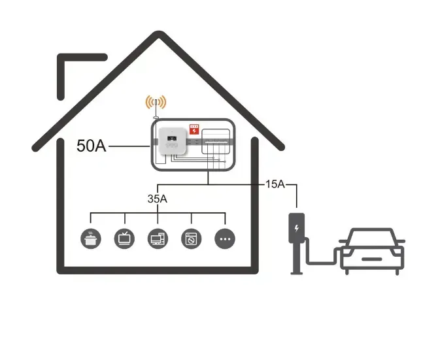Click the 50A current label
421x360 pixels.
click(91, 146)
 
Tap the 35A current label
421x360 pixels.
click(158, 198)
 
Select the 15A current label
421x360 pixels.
click(275, 184)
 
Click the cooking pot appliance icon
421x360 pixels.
click(90, 238)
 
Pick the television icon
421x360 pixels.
click(124, 238)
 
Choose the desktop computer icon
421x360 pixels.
click(158, 238)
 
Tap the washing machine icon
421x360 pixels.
click(192, 238)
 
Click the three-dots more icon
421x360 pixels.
click(225, 239)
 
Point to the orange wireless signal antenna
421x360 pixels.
click(156, 103)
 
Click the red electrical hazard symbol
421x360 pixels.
click(194, 130)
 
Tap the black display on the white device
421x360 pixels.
click(170, 138)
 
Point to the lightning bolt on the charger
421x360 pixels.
click(297, 229)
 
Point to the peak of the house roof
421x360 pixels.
click(159, 37)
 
